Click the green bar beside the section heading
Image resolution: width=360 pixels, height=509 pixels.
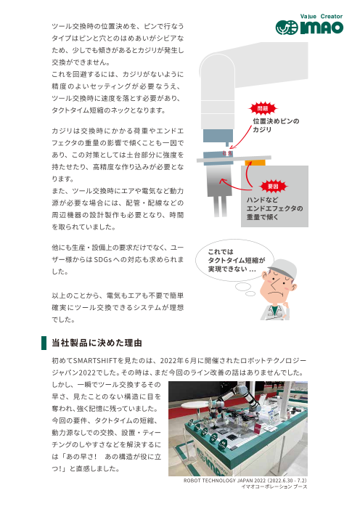(45, 342)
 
